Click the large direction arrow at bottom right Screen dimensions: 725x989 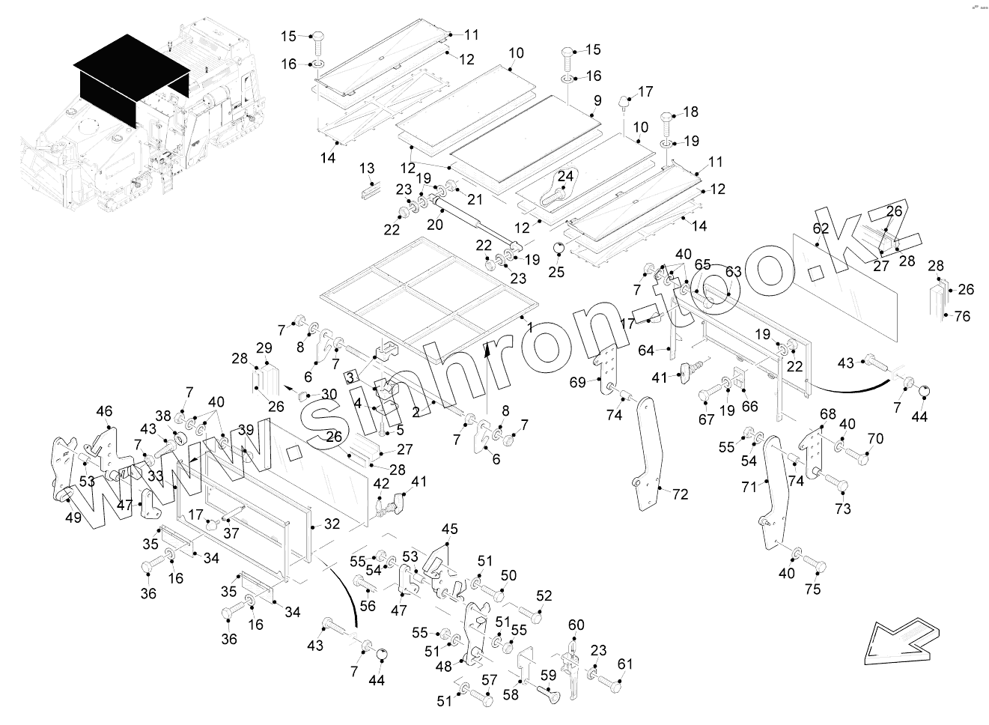[901, 639]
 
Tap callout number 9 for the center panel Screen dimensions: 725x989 [597, 100]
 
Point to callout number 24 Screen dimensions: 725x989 [565, 176]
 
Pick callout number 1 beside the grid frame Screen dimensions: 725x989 [529, 327]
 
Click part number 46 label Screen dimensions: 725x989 [104, 411]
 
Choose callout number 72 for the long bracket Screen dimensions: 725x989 [680, 495]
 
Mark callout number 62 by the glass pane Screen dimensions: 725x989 [821, 228]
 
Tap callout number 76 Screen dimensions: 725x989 [962, 316]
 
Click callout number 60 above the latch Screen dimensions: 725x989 [576, 625]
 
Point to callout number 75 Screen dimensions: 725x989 [812, 589]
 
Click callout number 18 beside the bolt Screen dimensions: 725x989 [690, 112]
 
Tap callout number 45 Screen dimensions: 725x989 [448, 530]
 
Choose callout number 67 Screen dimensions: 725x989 [706, 419]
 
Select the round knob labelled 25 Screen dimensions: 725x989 [557, 249]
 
